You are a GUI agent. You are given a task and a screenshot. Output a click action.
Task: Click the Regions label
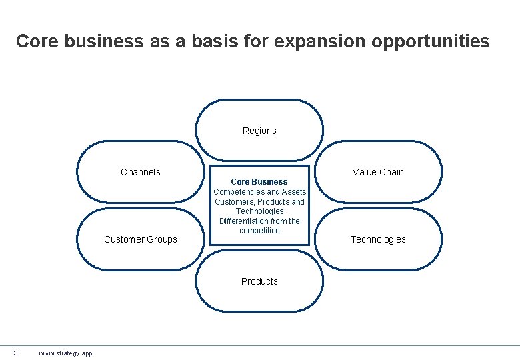click(259, 131)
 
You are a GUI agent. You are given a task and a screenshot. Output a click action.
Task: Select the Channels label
click(141, 172)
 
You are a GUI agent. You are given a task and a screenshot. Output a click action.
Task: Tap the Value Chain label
click(378, 172)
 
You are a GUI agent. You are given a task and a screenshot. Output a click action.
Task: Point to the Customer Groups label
click(141, 239)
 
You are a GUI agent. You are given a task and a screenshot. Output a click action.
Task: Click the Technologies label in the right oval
click(378, 239)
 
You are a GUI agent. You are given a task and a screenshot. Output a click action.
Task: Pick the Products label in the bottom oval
click(259, 281)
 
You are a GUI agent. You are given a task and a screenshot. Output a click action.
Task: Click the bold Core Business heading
click(259, 181)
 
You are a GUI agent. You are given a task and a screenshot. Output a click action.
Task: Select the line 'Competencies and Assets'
click(259, 192)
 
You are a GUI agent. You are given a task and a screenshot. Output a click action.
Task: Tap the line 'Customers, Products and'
click(259, 201)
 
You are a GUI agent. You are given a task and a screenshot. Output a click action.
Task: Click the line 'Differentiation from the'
click(259, 221)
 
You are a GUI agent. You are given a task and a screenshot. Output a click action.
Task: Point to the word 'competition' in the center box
click(259, 231)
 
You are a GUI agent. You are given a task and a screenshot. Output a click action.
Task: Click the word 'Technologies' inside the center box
click(259, 211)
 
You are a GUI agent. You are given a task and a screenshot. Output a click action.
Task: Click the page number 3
click(15, 353)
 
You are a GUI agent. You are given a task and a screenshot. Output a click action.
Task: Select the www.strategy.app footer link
click(65, 353)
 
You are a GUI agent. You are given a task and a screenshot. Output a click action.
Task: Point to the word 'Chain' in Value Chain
click(391, 172)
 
